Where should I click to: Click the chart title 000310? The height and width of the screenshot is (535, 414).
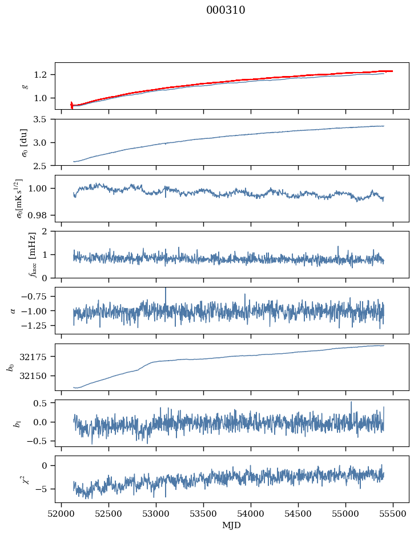pos(226,10)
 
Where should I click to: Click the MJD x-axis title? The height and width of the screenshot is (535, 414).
pos(232,525)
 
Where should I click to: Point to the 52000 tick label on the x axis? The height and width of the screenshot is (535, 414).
pos(62,513)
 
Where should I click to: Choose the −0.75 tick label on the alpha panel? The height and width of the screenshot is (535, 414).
pos(37,296)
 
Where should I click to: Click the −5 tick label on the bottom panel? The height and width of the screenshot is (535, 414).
pos(44,489)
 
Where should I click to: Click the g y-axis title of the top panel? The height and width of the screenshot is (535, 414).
pos(25,86)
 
